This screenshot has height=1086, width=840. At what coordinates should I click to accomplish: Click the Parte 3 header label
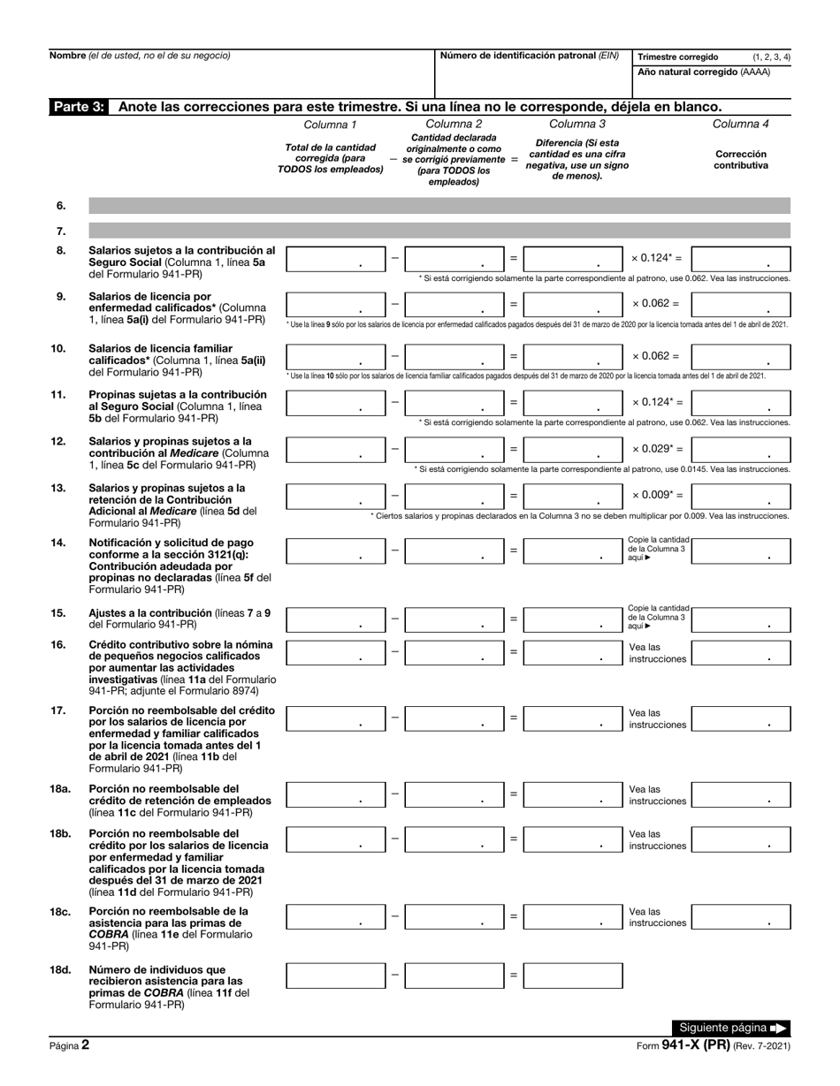click(x=78, y=107)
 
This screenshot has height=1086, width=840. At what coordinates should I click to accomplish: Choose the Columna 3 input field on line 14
click(x=573, y=550)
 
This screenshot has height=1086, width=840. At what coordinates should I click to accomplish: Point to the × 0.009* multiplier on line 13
click(x=656, y=495)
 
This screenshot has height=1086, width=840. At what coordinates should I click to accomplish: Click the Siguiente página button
click(x=732, y=1028)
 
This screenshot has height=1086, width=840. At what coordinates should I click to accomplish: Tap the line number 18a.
click(x=60, y=789)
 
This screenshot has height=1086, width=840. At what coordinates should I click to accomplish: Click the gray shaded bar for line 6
click(x=439, y=206)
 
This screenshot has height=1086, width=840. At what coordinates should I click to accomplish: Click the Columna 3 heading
click(x=577, y=125)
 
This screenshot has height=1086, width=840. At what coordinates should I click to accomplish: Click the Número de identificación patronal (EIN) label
click(x=529, y=56)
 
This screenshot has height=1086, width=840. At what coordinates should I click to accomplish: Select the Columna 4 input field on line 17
click(x=740, y=718)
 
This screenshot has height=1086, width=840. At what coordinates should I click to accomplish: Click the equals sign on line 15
click(x=514, y=619)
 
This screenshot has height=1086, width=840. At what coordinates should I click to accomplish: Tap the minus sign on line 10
click(x=394, y=356)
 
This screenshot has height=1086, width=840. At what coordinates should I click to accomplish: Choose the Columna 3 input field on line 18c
click(x=573, y=917)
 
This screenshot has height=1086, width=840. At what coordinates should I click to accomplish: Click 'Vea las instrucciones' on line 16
click(x=657, y=653)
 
